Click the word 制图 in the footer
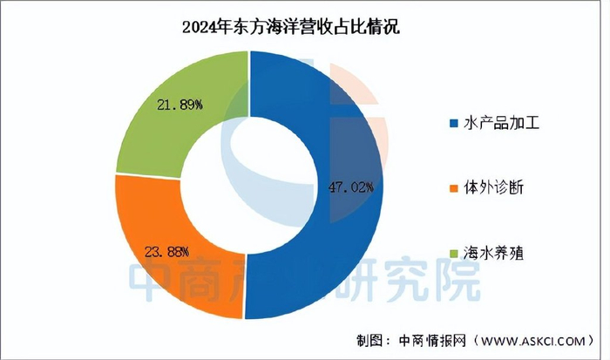(372, 338)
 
